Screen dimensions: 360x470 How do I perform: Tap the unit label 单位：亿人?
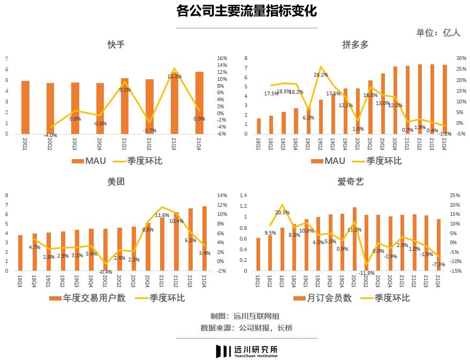click(438, 33)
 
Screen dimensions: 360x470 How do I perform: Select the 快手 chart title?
click(116, 44)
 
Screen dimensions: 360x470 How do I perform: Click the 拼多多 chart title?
click(355, 44)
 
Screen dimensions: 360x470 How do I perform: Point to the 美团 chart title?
click(116, 182)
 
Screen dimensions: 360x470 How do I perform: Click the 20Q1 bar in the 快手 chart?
click(25, 107)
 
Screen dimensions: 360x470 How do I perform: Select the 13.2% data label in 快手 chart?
click(175, 77)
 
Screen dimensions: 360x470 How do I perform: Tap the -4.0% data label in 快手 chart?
click(50, 136)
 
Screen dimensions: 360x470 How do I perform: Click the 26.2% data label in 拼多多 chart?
click(321, 75)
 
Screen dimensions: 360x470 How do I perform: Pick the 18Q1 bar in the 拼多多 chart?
click(259, 126)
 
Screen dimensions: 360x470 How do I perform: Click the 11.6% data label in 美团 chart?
click(162, 215)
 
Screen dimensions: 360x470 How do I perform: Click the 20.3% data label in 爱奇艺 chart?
click(282, 213)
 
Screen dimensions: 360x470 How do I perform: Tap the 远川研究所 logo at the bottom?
click(246, 351)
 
